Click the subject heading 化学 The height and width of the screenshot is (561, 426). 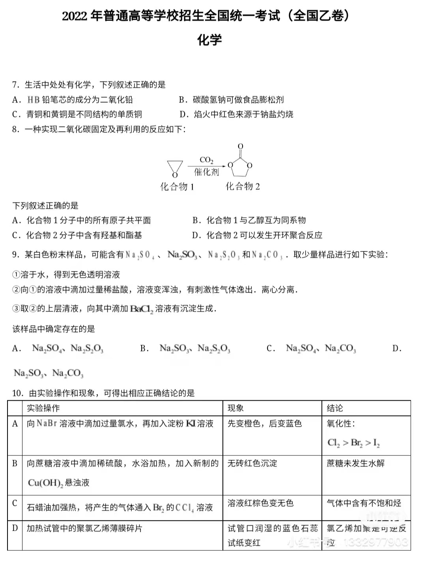[x=209, y=40]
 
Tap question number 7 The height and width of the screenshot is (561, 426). [x=15, y=85]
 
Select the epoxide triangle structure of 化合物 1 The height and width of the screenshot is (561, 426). [x=175, y=167]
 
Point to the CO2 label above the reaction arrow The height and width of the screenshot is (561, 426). [x=206, y=160]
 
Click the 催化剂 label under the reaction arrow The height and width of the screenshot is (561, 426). [x=206, y=172]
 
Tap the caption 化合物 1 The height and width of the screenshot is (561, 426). [x=177, y=187]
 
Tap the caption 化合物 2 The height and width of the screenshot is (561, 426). [x=243, y=186]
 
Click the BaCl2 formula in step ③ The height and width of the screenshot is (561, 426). [x=141, y=309]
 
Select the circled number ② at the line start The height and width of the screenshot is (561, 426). [x=16, y=290]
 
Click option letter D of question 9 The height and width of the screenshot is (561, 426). [x=396, y=349]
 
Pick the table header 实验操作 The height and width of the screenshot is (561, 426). [x=43, y=408]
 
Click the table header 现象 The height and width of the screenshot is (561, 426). [x=235, y=408]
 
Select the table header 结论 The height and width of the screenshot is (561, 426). [x=334, y=408]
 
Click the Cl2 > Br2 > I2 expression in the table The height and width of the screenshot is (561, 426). [x=353, y=443]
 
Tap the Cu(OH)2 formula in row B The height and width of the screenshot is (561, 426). [x=45, y=483]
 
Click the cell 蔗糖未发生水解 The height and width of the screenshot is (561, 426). [x=355, y=463]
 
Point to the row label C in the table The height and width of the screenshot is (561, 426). [x=15, y=503]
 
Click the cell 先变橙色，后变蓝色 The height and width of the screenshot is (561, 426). [x=264, y=424]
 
